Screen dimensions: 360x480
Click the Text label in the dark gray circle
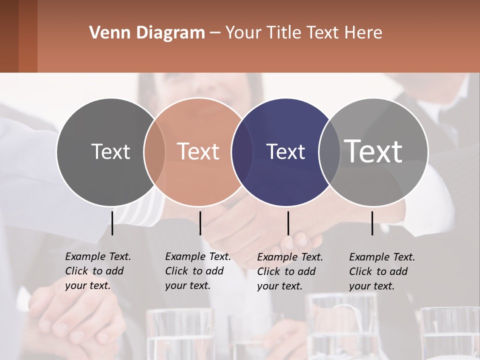[110, 151]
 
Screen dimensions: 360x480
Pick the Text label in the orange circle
[198, 151]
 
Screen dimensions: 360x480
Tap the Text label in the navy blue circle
[286, 151]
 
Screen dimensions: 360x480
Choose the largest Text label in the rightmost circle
[373, 151]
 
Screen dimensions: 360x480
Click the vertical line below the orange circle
[200, 223]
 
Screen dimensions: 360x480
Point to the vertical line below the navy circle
[288, 223]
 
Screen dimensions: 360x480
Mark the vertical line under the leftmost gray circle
[112, 223]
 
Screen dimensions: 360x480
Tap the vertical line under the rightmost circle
[372, 223]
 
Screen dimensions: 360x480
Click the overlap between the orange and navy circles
[242, 151]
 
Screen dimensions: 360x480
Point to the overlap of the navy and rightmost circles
[329, 151]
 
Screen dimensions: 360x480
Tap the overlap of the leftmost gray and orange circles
[154, 151]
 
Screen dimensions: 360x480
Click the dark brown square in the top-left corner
[9, 36]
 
